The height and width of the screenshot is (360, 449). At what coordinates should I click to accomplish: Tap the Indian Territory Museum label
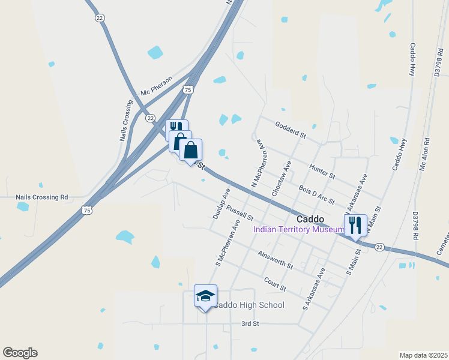pyautogui.click(x=298, y=229)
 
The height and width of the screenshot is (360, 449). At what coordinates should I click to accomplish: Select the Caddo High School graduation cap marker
pyautogui.click(x=205, y=296)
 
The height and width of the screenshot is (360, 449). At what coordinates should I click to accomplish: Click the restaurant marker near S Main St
pyautogui.click(x=355, y=226)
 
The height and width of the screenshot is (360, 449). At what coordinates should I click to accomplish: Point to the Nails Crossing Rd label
pyautogui.click(x=42, y=197)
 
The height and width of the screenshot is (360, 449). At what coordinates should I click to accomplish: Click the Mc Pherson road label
pyautogui.click(x=156, y=86)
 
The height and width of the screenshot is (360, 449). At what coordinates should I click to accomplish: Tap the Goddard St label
pyautogui.click(x=291, y=130)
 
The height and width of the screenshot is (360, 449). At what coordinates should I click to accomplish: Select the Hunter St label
pyautogui.click(x=322, y=170)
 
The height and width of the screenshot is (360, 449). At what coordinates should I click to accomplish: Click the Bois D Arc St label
pyautogui.click(x=316, y=195)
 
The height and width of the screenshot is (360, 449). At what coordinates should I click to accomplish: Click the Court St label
pyautogui.click(x=275, y=283)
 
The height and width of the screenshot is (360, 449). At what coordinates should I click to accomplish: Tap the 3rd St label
pyautogui.click(x=250, y=323)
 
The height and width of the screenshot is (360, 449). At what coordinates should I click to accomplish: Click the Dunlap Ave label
pyautogui.click(x=221, y=203)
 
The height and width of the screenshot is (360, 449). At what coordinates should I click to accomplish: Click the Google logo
pyautogui.click(x=20, y=353)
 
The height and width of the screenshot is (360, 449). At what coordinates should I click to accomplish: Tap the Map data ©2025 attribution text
pyautogui.click(x=423, y=355)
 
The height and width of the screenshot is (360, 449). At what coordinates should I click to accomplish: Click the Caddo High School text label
pyautogui.click(x=249, y=305)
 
